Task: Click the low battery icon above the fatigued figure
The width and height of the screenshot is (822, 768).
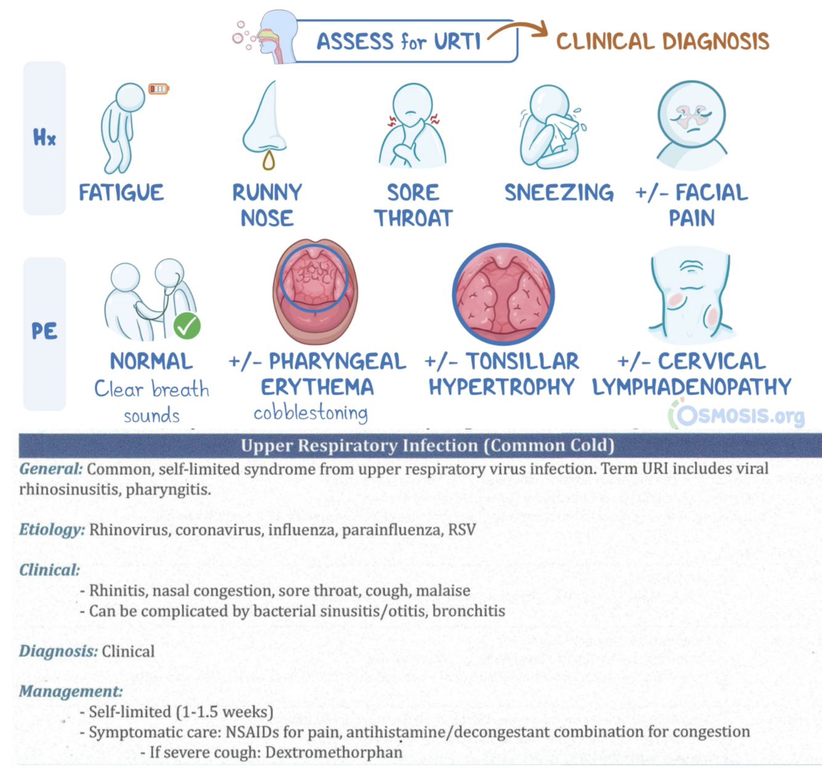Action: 158,89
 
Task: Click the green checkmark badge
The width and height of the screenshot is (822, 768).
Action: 187,326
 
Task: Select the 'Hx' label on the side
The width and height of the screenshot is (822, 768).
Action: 44,137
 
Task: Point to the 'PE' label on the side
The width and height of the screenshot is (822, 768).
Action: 44,331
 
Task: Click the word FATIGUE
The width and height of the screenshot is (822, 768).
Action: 121,193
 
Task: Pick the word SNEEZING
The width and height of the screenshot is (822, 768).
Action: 559,193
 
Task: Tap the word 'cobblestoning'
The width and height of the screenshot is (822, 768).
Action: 311,412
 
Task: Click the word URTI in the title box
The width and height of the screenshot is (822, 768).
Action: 457,42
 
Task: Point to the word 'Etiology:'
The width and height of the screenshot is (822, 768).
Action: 52,530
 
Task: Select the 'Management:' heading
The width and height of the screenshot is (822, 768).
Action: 71,691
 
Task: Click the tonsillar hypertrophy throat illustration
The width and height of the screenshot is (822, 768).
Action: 503,294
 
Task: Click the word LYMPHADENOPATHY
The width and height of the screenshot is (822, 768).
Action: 691,387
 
